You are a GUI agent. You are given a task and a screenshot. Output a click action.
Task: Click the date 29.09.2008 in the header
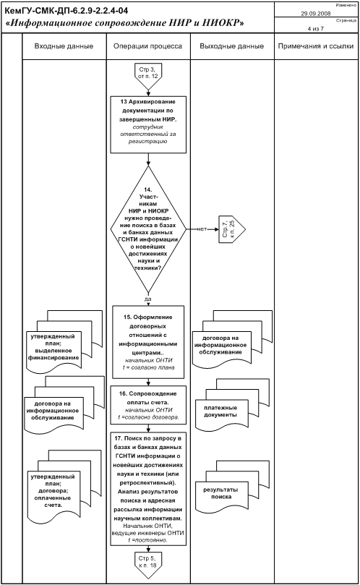click(x=316, y=14)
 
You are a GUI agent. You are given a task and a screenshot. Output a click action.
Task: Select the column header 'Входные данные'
click(x=64, y=46)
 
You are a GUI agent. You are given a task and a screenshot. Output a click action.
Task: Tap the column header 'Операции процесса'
click(x=147, y=46)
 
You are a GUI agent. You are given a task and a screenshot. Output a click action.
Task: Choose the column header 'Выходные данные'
click(x=231, y=46)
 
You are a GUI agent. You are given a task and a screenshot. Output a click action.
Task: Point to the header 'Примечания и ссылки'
click(x=316, y=46)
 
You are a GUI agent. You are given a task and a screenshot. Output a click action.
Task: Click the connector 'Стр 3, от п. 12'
click(x=148, y=76)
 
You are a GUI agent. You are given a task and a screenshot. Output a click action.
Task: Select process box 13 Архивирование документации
click(x=148, y=124)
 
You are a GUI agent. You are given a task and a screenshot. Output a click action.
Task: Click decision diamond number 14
click(x=148, y=229)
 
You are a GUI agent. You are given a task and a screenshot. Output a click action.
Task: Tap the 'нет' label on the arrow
click(x=202, y=229)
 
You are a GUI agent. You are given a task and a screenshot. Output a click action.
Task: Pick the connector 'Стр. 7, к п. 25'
click(x=232, y=229)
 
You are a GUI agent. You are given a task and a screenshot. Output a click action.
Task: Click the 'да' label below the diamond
click(x=147, y=299)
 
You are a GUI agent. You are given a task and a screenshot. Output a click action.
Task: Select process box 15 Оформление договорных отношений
click(x=148, y=342)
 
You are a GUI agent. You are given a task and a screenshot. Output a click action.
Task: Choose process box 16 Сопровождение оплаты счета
click(x=148, y=405)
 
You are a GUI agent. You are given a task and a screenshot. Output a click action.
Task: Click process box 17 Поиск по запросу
click(x=148, y=489)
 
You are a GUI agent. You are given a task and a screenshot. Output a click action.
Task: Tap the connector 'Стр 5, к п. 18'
click(x=148, y=564)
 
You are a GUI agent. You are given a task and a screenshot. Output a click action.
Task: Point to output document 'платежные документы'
click(x=231, y=406)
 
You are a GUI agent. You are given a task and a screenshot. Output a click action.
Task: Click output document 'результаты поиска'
click(x=231, y=487)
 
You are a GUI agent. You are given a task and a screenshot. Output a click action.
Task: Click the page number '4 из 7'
click(x=316, y=29)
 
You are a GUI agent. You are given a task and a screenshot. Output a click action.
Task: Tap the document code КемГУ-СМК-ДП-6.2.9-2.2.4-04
click(x=66, y=10)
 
